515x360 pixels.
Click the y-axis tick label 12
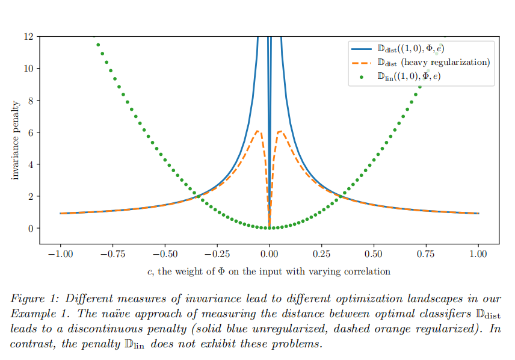point(28,36)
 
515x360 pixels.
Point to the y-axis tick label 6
point(31,132)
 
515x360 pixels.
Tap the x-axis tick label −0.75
point(113,255)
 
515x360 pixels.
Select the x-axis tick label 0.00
point(270,255)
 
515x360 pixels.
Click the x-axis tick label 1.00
point(478,255)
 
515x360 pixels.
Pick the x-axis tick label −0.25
point(217,255)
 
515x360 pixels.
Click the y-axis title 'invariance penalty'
point(16,140)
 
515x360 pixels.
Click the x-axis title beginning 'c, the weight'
point(269,272)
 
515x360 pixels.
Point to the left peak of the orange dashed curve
point(257,131)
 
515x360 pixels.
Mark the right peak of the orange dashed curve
point(280,131)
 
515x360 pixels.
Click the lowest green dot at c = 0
point(270,228)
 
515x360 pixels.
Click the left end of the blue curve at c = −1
point(61,213)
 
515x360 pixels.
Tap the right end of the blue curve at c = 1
point(478,213)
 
